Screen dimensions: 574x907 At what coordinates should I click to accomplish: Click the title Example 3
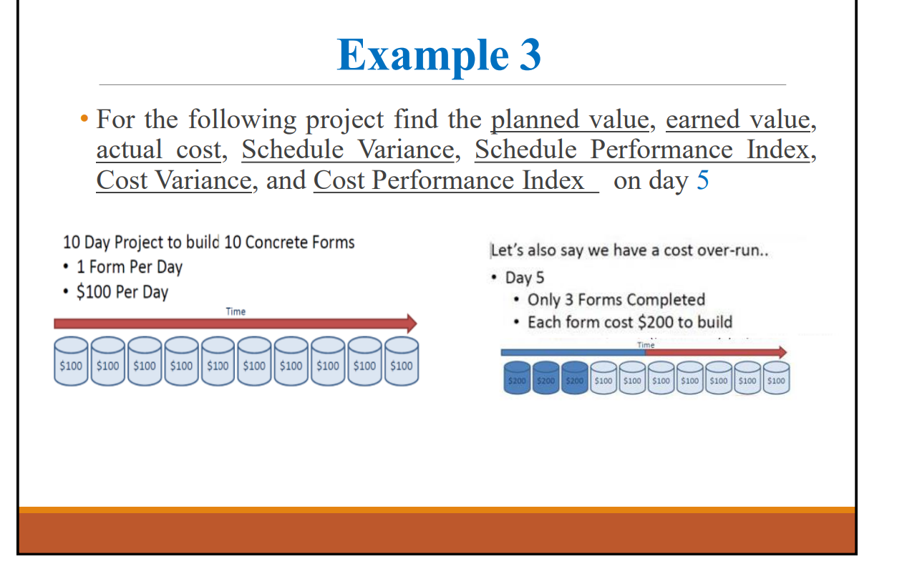click(439, 55)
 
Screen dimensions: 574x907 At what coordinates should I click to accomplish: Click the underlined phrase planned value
click(570, 120)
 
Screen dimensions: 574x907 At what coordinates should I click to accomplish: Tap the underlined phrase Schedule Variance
click(347, 150)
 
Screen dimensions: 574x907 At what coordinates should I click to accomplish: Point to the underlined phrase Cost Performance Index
click(455, 180)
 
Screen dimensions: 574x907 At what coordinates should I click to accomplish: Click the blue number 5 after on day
click(702, 180)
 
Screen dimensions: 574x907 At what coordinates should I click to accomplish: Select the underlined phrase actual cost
click(159, 150)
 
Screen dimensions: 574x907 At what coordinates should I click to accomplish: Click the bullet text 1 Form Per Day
click(129, 267)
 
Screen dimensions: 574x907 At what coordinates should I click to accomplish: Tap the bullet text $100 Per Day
click(122, 292)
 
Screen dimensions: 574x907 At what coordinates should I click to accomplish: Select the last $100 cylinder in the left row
click(401, 361)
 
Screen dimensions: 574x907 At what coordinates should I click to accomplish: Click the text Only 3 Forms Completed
click(616, 300)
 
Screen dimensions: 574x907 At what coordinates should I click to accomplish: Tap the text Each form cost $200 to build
click(629, 322)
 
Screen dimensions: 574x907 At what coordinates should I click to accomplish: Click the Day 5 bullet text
click(525, 278)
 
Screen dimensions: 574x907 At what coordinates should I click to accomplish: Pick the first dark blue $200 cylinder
click(517, 378)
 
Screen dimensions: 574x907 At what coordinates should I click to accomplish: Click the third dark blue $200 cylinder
click(574, 378)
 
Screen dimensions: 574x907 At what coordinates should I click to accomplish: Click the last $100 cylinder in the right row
click(775, 378)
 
